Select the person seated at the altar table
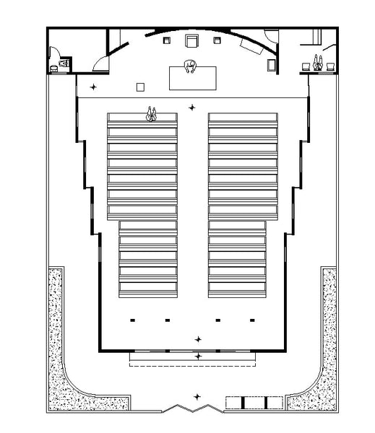(x=191, y=67)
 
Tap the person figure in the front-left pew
(x=152, y=113)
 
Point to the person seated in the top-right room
(x=317, y=63)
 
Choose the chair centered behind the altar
(x=193, y=41)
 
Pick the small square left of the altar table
(x=140, y=87)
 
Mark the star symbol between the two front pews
(x=192, y=108)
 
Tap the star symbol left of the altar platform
(x=92, y=87)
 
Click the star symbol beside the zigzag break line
(x=197, y=396)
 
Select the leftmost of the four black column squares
(x=132, y=319)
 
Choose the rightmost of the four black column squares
(x=252, y=319)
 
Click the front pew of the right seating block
(x=243, y=118)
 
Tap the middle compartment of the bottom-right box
(x=255, y=402)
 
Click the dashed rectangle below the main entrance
(x=192, y=363)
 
